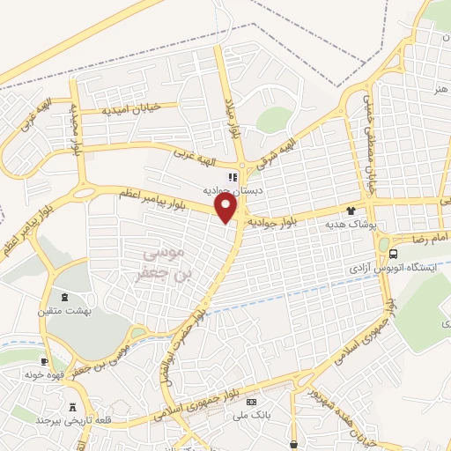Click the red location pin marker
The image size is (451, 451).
pos(227,208)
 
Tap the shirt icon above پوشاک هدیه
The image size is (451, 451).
pos(351,211)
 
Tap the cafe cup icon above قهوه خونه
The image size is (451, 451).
pos(45,361)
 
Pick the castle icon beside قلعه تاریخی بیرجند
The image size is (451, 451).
pos(73,407)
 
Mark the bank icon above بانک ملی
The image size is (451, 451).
pos(252,402)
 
